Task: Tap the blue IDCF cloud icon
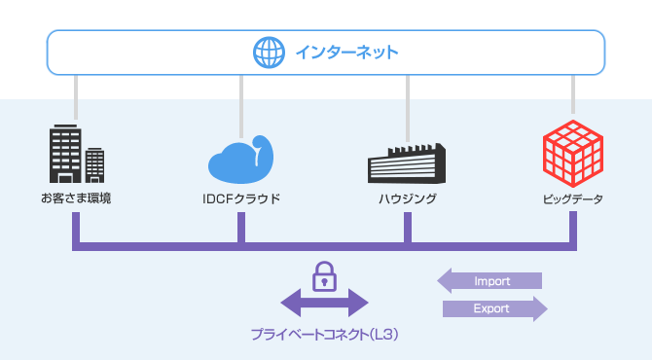[x=240, y=158]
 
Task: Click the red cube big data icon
[x=573, y=154]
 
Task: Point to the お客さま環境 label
[x=76, y=199]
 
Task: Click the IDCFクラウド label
[x=240, y=199]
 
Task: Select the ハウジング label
[x=407, y=199]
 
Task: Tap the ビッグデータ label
[x=573, y=199]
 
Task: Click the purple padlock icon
[x=324, y=276]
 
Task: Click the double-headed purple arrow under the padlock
[x=324, y=304]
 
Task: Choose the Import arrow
[x=490, y=282]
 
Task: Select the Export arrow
[x=494, y=309]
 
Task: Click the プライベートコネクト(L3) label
[x=324, y=335]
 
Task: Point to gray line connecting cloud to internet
[x=240, y=102]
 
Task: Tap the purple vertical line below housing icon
[x=408, y=227]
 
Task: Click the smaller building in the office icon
[x=94, y=165]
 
